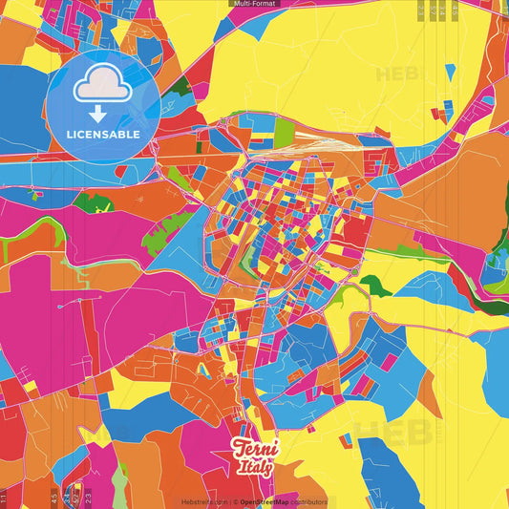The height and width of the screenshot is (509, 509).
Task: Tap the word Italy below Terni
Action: (255, 467)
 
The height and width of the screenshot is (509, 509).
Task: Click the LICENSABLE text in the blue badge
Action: (103, 135)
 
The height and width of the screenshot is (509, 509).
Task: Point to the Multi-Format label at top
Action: (254, 4)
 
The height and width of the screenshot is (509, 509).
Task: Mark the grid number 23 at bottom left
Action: (88, 498)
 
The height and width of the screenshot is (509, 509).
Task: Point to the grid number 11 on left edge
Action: (4, 498)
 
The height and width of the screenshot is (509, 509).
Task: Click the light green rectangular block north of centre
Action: (285, 133)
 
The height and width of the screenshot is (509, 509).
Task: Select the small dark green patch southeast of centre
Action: (375, 284)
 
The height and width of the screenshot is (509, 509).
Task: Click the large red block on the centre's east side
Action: (354, 230)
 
